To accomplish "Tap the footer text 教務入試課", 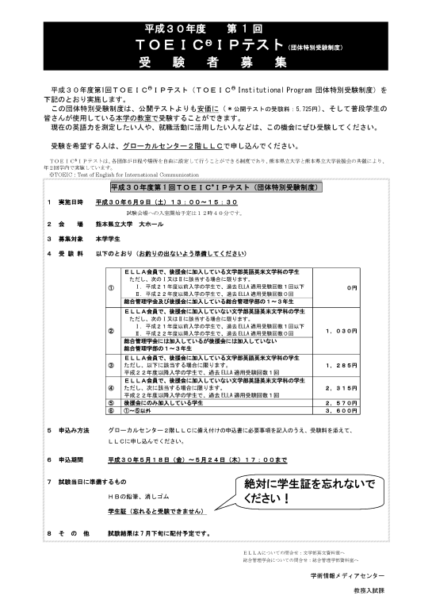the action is coord(369,592).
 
